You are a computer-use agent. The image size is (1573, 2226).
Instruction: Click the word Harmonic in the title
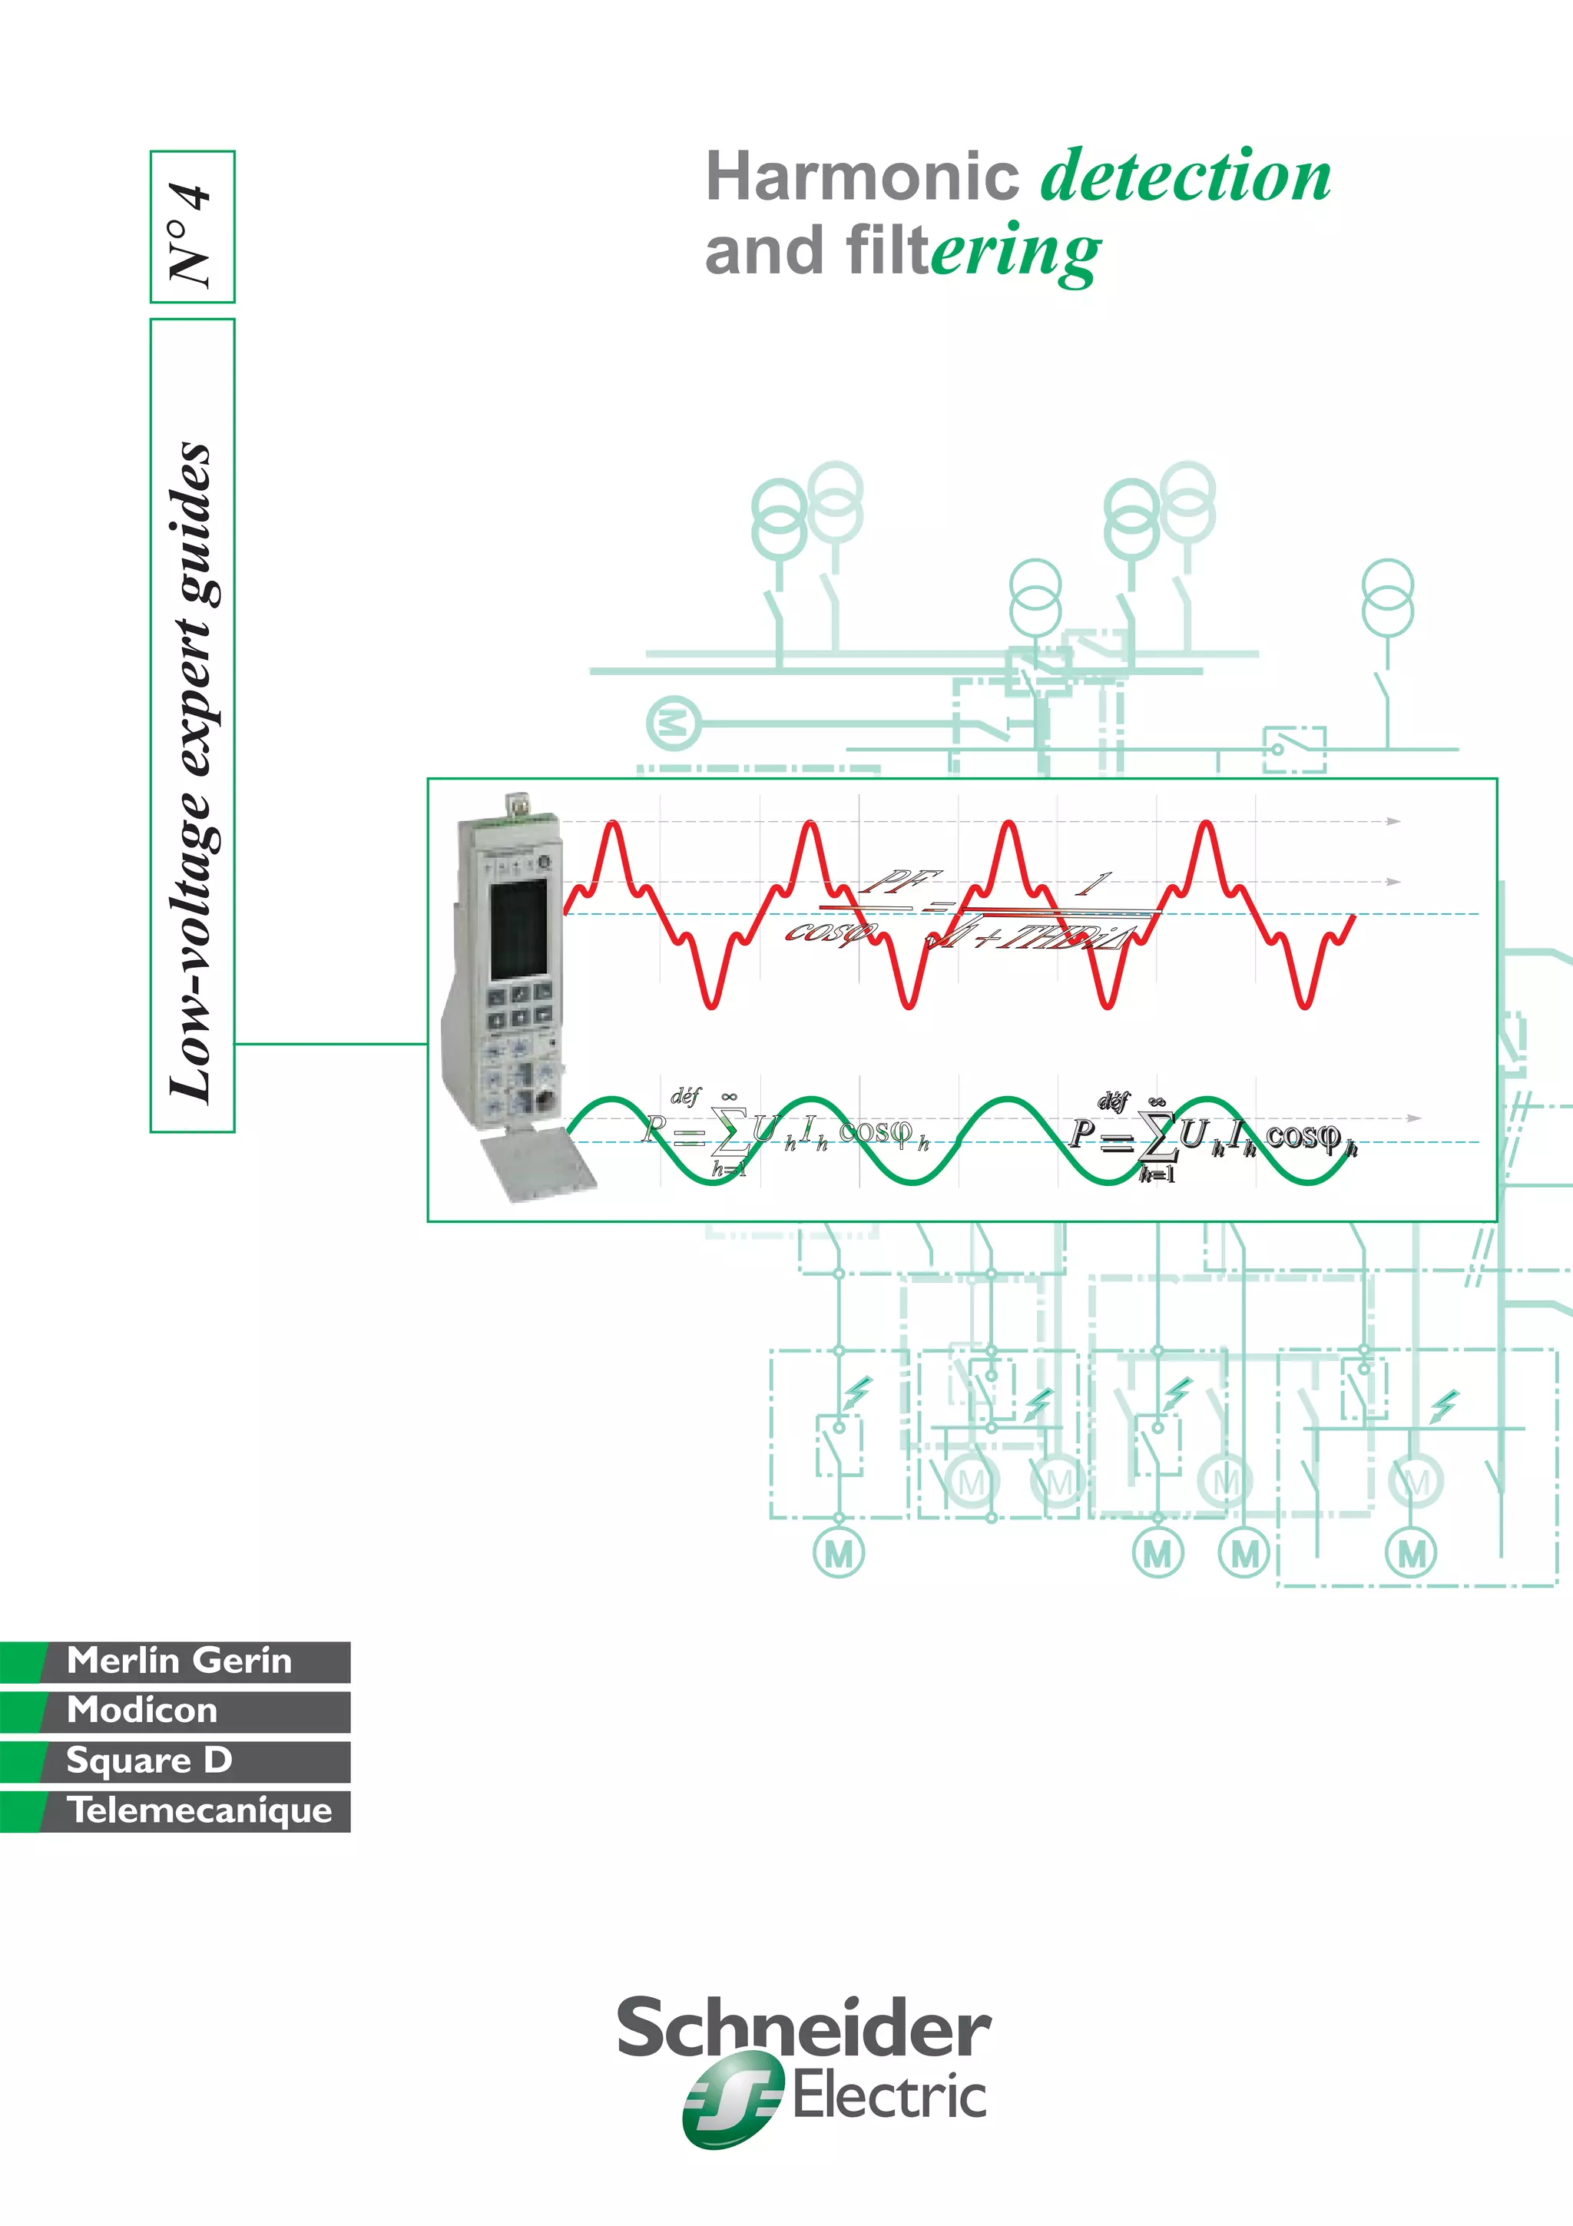click(862, 177)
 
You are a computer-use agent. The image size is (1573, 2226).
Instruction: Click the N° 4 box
click(192, 227)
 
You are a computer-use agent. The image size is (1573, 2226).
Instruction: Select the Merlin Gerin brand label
click(179, 1661)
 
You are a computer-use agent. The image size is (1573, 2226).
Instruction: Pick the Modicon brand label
click(142, 1711)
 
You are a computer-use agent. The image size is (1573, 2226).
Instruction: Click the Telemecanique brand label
click(200, 1810)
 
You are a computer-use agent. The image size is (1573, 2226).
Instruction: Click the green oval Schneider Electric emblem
click(733, 2099)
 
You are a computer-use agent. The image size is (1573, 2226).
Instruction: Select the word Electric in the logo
click(889, 2097)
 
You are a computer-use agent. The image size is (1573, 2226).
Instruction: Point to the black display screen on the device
click(518, 929)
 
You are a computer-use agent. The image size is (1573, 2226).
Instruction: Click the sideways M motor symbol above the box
click(673, 722)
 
